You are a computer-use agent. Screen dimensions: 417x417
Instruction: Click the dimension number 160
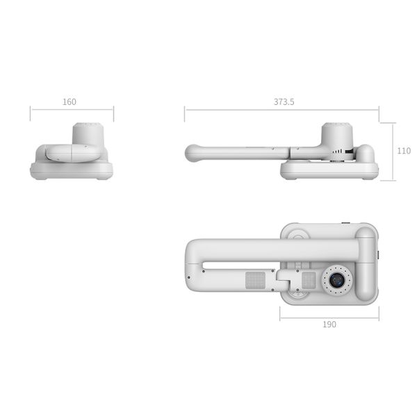point(69,102)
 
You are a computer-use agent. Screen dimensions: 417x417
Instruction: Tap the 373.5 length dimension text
point(284,101)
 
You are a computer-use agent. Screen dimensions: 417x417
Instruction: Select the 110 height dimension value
point(403,151)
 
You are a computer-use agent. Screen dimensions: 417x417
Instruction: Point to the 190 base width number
point(329,325)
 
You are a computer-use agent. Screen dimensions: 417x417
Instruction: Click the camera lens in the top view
point(337,280)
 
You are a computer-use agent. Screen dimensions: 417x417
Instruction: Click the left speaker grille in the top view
point(255,281)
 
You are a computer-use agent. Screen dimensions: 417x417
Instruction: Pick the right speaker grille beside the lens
point(309,281)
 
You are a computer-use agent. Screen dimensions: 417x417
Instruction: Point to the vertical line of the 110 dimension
point(395,152)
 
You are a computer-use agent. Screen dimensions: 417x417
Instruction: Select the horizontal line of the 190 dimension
point(329,318)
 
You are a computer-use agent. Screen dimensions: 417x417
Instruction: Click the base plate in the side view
point(329,170)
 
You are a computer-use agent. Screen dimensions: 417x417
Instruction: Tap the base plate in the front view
point(72,171)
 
